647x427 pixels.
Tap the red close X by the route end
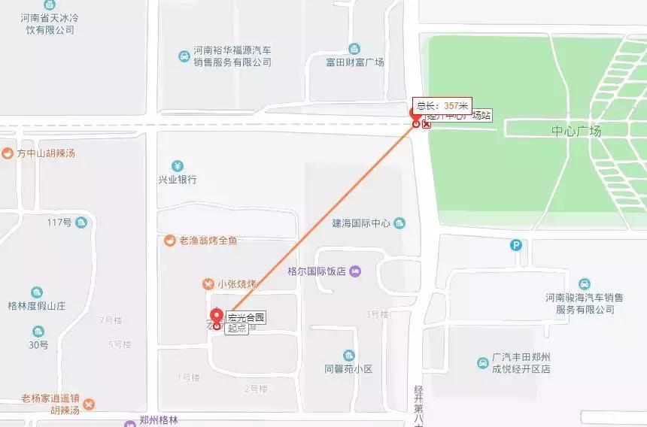[x=427, y=124]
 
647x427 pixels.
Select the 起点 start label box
[x=236, y=329]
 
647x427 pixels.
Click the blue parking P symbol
[x=516, y=245]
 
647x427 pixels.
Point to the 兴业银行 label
[x=178, y=180]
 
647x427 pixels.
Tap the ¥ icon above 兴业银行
[x=177, y=165]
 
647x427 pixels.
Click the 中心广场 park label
[x=576, y=132]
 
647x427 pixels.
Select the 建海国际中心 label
[x=362, y=223]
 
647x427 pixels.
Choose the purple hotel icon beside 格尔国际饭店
[x=356, y=271]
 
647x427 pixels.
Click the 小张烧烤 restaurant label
[x=237, y=284]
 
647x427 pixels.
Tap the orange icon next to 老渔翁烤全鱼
[x=170, y=241]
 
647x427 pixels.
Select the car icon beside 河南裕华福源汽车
[x=184, y=56]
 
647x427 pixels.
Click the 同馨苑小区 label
[x=348, y=369]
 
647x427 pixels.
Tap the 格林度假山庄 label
[x=37, y=306]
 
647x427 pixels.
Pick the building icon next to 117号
[x=80, y=222]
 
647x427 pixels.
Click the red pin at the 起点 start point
[x=217, y=317]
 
